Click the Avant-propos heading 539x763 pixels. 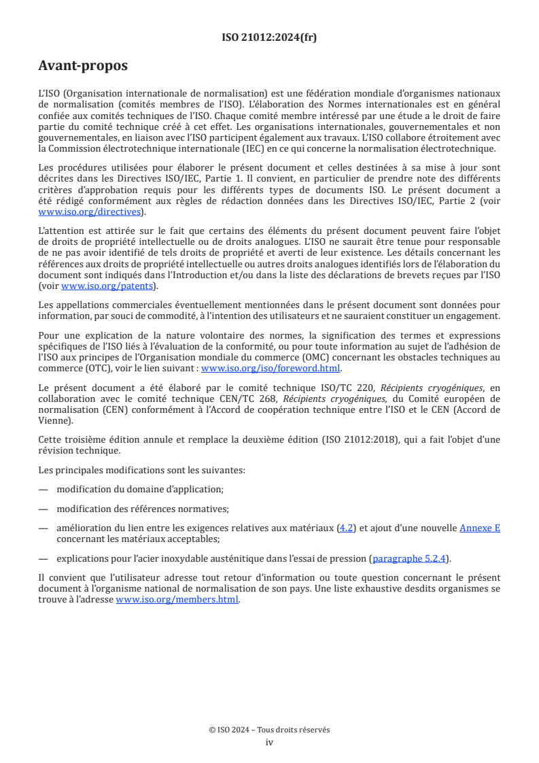[x=83, y=66]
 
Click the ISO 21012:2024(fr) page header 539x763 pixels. [x=269, y=37]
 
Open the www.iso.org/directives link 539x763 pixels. [x=91, y=212]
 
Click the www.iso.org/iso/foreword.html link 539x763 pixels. [x=271, y=369]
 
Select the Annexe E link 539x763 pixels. [x=480, y=527]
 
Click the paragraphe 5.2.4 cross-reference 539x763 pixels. [x=410, y=559]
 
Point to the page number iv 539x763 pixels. [x=269, y=742]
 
